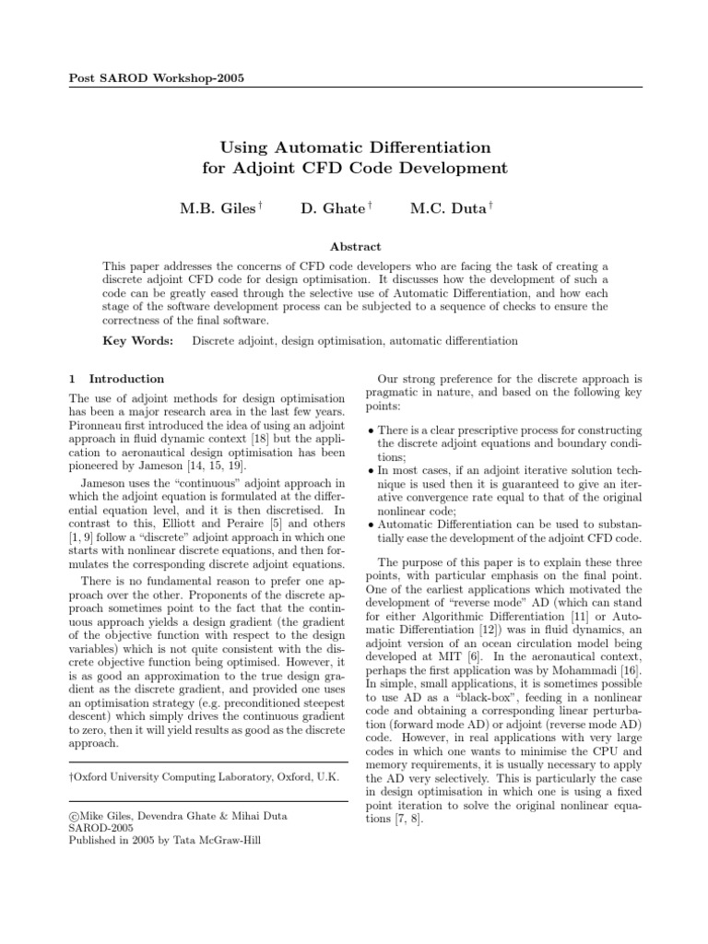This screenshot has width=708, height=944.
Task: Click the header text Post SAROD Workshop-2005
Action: tap(158, 77)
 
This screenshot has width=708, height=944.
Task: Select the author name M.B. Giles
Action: tap(215, 209)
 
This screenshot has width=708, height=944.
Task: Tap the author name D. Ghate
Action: tap(332, 209)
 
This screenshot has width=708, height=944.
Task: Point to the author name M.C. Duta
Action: tap(446, 209)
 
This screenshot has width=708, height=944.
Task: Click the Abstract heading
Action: tap(354, 246)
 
